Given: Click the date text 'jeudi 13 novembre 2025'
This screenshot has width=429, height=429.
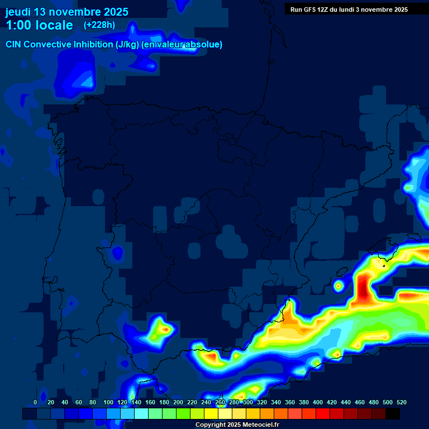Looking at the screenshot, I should point(66,12).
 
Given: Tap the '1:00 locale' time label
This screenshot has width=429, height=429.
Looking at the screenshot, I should point(39,25).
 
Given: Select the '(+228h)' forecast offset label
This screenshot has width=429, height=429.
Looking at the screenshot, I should point(99,25).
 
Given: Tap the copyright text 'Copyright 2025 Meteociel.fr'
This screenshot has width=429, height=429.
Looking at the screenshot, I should point(237,425).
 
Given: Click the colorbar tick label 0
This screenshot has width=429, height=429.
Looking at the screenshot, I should point(35,402).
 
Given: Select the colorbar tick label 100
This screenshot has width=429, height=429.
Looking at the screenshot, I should point(108,402).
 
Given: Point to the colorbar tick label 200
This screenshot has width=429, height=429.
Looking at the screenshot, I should point(178,402).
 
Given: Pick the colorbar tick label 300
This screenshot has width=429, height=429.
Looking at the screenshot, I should point(247,402).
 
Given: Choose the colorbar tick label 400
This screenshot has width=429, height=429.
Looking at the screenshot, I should point(317,402).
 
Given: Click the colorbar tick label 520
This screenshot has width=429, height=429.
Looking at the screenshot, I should point(401,402).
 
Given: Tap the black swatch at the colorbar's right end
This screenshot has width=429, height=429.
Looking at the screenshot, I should point(392,413).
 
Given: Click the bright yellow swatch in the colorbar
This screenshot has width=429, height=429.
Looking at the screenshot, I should point(211,413).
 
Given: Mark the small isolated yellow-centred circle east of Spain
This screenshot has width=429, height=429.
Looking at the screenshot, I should point(338,286).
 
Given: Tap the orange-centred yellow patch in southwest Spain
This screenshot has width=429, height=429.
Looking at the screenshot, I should point(164,330).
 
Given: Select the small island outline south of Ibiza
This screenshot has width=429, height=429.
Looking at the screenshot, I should point(384,266).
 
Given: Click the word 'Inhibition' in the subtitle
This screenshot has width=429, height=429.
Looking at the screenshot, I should point(93,45).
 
